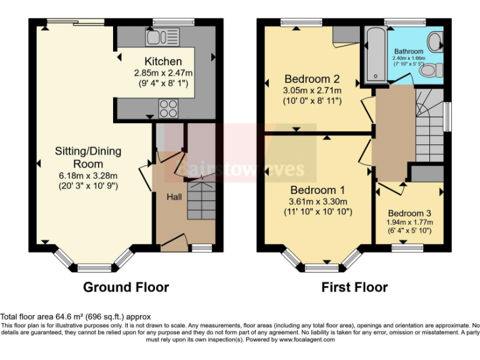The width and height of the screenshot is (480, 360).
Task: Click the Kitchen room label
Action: pyautogui.click(x=163, y=61)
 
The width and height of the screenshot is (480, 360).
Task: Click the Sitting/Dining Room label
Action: pyautogui.click(x=88, y=157)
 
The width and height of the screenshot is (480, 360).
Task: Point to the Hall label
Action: pyautogui.click(x=174, y=197)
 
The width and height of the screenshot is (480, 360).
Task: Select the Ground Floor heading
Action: pyautogui.click(x=126, y=287)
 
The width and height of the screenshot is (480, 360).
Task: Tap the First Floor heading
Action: pyautogui.click(x=354, y=287)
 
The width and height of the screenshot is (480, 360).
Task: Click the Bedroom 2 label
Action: pyautogui.click(x=312, y=79)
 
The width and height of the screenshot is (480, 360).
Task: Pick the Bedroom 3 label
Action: pyautogui.click(x=409, y=213)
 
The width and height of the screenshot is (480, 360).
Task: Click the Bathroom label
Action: pyautogui.click(x=409, y=51)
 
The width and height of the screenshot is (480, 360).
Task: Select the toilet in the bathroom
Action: pyautogui.click(x=431, y=71)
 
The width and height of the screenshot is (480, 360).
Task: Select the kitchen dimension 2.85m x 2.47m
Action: pyautogui.click(x=163, y=72)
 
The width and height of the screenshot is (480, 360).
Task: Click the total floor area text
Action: pyautogui.click(x=76, y=317)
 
